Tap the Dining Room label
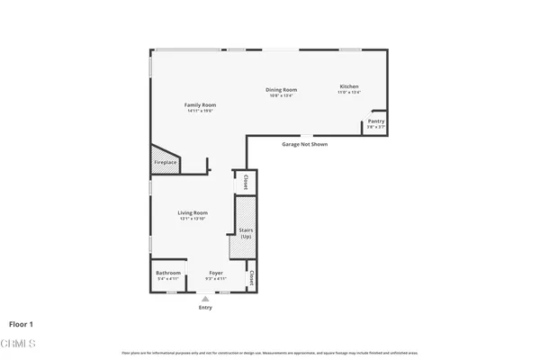(x=281, y=89)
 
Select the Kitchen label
(x=348, y=85)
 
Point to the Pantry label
(x=375, y=122)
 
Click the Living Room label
(x=193, y=212)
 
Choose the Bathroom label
(x=168, y=272)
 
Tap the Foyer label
(x=216, y=272)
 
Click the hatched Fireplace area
(x=165, y=162)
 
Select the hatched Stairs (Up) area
(x=246, y=229)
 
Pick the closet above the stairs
(x=245, y=181)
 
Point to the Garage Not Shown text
(x=304, y=143)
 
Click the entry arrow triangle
(x=206, y=298)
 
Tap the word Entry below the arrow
(x=206, y=308)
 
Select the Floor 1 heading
(x=22, y=324)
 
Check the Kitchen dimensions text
(x=348, y=92)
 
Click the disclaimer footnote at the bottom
(x=270, y=353)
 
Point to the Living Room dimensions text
(x=193, y=219)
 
